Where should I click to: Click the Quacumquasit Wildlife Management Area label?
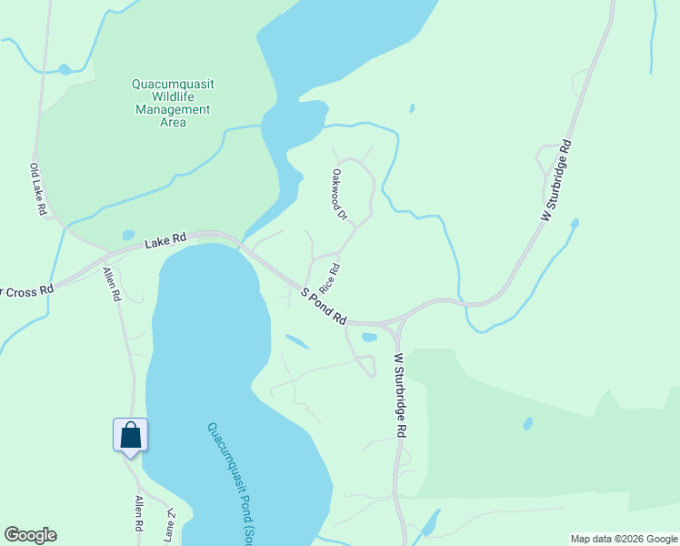tap(173, 103)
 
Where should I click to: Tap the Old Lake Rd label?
tap(37, 189)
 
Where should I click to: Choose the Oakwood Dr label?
tap(339, 194)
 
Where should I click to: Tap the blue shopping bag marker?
tap(130, 435)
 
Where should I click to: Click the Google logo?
tap(30, 535)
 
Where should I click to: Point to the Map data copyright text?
tap(623, 539)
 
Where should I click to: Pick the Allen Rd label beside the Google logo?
tap(140, 514)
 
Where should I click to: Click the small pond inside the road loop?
tap(368, 338)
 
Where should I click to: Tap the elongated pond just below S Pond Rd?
tap(296, 342)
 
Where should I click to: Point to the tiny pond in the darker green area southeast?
tap(528, 424)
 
